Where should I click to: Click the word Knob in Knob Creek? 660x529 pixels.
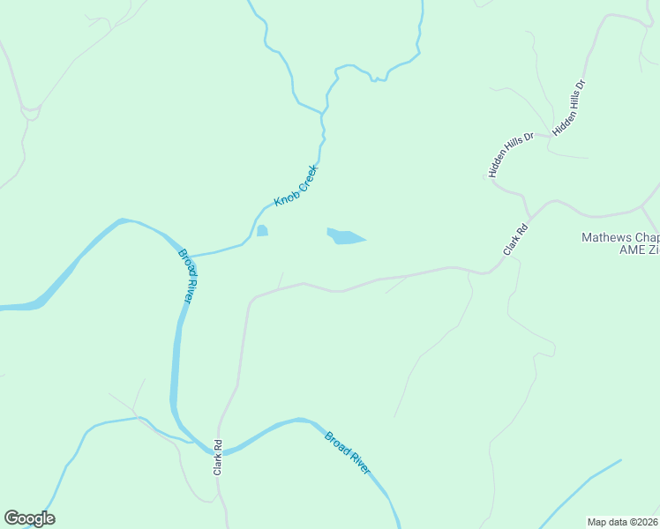(x=284, y=197)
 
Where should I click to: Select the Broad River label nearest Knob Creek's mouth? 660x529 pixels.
(x=187, y=276)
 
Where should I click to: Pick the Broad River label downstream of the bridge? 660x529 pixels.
(x=348, y=452)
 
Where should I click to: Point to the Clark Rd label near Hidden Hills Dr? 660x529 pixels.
(x=515, y=240)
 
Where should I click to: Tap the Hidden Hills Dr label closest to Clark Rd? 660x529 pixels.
(x=512, y=155)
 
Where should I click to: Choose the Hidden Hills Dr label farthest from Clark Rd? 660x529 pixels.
(x=568, y=108)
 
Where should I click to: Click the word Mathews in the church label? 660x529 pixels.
(x=608, y=237)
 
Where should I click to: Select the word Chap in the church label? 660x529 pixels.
(x=649, y=237)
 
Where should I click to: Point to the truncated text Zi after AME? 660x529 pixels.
(x=654, y=250)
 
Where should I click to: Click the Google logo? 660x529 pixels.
(x=29, y=518)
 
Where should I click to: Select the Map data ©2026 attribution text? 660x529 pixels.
(x=623, y=521)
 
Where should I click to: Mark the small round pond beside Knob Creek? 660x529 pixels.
(x=262, y=231)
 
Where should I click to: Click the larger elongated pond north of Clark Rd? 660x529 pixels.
(x=346, y=236)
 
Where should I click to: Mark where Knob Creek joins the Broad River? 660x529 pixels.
(x=188, y=256)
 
